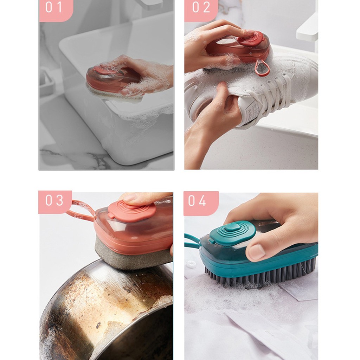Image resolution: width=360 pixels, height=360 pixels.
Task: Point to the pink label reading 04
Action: [201, 203]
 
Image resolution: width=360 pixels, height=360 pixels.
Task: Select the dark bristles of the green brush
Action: [259, 273]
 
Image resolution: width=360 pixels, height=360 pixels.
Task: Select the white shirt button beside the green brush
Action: [191, 264]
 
